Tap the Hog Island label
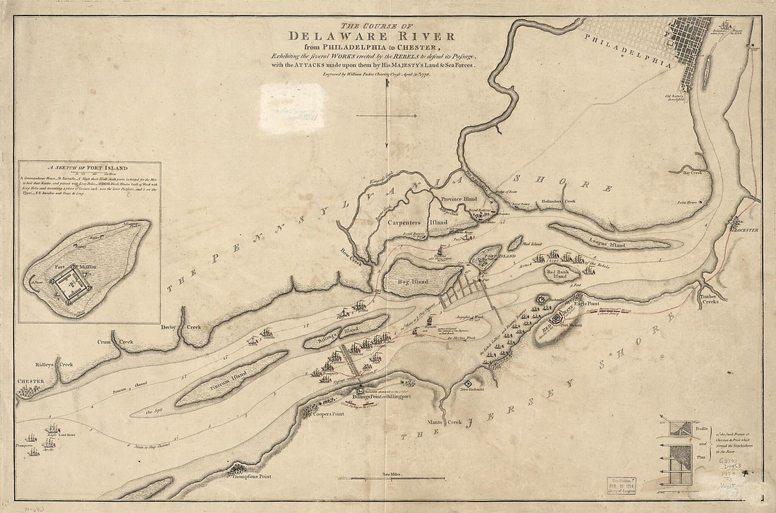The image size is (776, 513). click(415, 282)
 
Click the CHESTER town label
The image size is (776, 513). click(31, 382)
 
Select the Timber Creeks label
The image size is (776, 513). click(709, 301)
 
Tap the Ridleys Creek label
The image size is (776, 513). click(55, 365)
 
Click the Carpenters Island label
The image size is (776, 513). click(416, 222)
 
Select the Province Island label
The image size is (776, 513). click(461, 199)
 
